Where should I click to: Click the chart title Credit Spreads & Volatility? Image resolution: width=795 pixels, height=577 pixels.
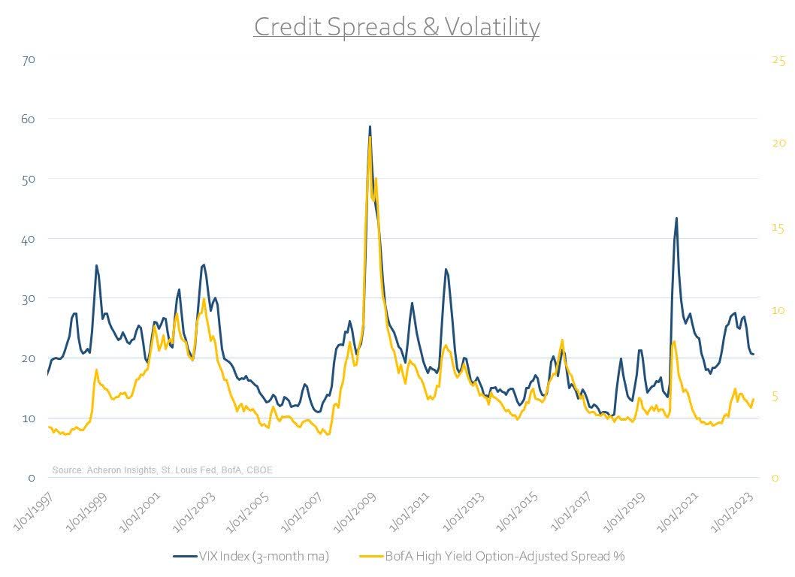(x=397, y=27)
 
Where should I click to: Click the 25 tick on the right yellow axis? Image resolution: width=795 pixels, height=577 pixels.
(x=778, y=61)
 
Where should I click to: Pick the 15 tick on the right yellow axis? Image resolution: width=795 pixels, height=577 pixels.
(x=778, y=228)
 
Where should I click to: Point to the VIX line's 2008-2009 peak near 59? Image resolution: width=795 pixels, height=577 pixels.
(x=370, y=127)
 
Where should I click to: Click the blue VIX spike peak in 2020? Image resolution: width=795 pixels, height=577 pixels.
(x=676, y=219)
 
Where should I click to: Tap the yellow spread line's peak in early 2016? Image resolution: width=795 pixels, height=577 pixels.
(x=561, y=340)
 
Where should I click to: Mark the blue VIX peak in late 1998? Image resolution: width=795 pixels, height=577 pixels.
(x=96, y=265)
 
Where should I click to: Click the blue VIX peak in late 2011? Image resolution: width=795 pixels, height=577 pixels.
(x=446, y=269)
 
